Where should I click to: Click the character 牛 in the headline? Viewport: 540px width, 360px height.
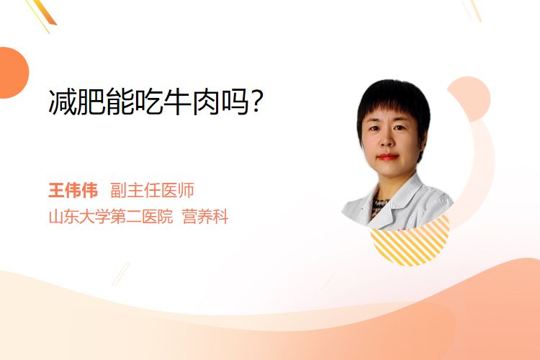tap(177, 102)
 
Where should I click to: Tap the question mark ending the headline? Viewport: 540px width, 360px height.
tap(258, 102)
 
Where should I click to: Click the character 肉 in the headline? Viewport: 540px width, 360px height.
tap(207, 102)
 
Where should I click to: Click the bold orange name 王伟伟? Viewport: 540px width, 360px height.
tap(73, 190)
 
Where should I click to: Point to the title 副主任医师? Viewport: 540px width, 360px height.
tap(152, 190)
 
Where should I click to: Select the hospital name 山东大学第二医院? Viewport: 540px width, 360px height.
tap(111, 216)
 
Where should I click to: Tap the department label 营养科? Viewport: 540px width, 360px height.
tap(205, 216)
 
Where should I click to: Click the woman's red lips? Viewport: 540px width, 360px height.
tap(387, 157)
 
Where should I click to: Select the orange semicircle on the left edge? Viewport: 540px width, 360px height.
tap(13, 73)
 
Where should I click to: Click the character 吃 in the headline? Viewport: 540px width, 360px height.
tap(149, 102)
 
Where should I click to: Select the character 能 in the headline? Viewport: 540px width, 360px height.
tap(120, 102)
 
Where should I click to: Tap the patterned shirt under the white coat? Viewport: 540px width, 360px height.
tap(379, 207)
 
